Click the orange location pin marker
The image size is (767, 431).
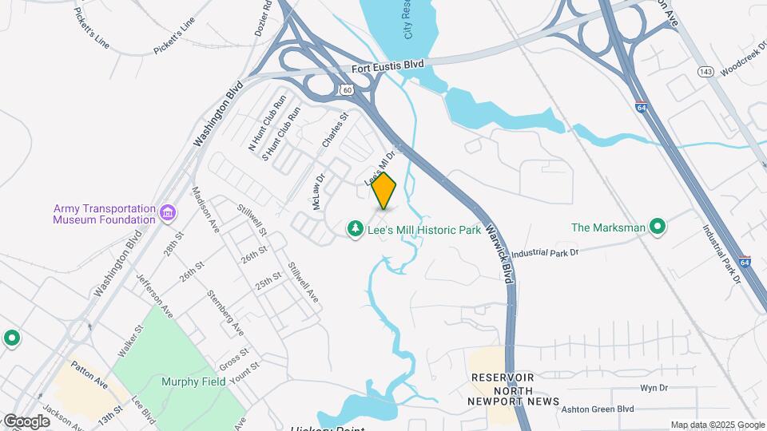coord(384,190)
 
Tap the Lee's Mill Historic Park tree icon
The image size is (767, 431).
coord(355,229)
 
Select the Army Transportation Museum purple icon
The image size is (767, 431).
coord(168,213)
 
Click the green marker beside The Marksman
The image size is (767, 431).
coord(658,227)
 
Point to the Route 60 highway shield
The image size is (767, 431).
coord(345,90)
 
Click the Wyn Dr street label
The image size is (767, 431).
coord(653,388)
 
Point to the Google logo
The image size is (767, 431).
coord(26,421)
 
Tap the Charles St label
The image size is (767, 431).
coord(336,129)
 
